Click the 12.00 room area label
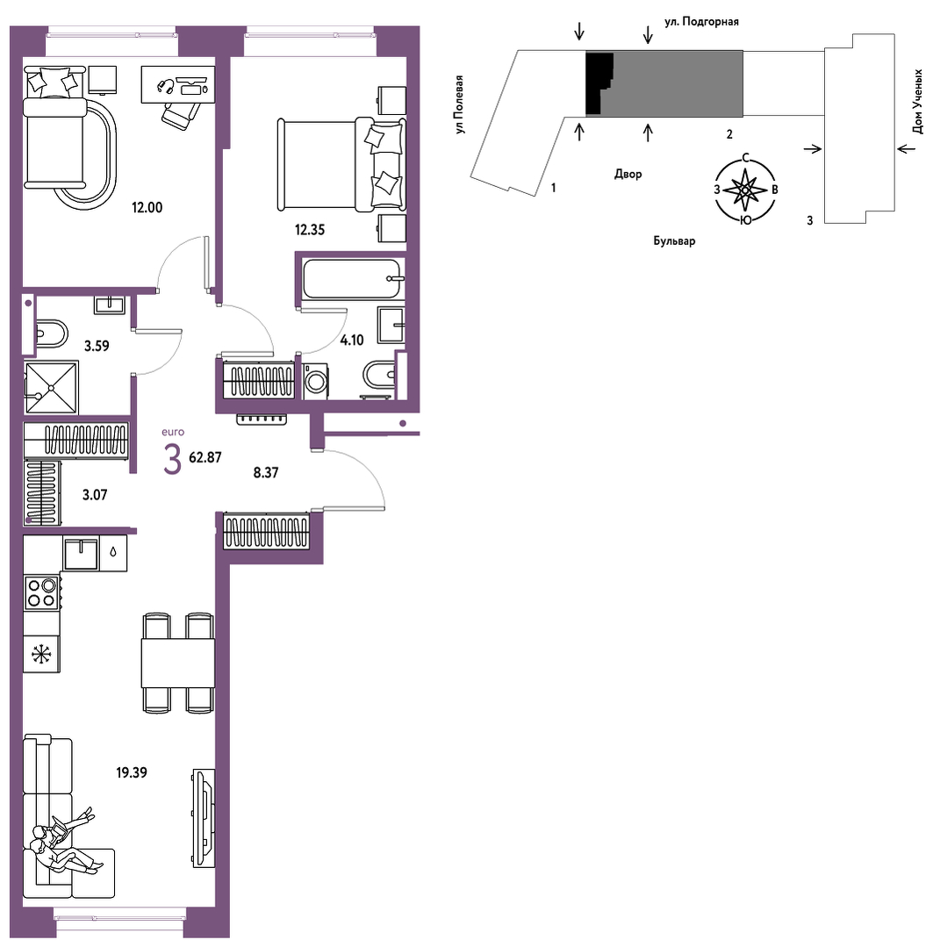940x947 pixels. pos(147,208)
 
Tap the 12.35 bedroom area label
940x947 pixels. pos(310,230)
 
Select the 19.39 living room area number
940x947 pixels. pos(132,772)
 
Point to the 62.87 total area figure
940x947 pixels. pos(205,458)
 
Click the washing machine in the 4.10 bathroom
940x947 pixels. pos(315,381)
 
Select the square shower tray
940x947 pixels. pos(52,388)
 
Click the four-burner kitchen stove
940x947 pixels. pos(42,593)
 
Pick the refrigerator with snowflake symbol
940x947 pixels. pos(41,654)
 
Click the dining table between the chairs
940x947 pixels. pos(177,663)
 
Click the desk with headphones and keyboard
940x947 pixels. pos(178,84)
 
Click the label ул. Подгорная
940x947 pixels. pos(701,22)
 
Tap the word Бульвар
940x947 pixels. pos(674,241)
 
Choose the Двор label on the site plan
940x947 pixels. pos(628,174)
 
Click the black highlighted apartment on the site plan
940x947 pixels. pos(599,83)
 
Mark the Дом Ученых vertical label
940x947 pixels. pos(918,102)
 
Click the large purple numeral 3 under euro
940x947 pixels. pos(172,459)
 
